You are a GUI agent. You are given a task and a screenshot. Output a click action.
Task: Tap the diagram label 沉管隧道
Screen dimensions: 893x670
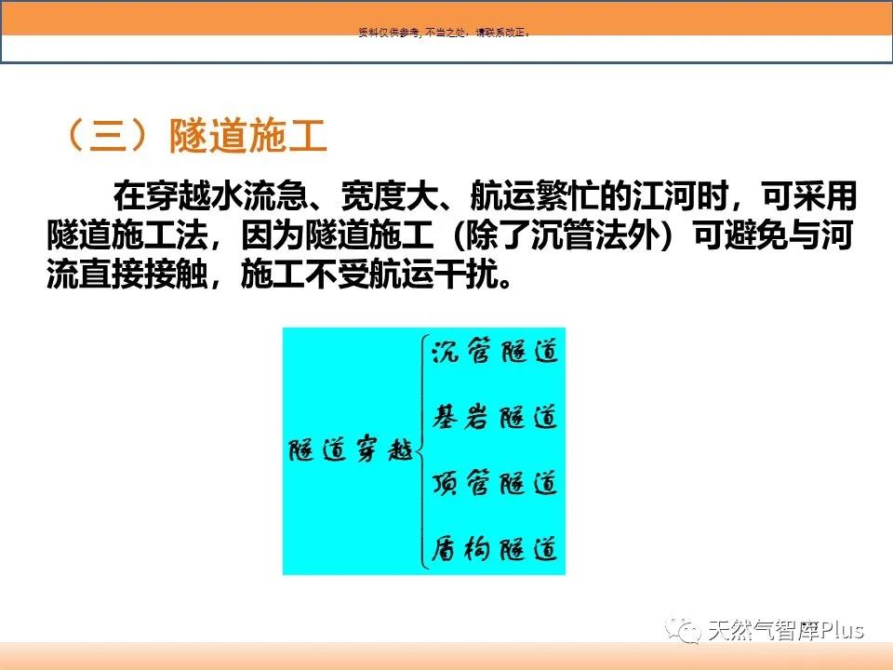pos(495,351)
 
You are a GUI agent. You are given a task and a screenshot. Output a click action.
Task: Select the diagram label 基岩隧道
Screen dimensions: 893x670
pos(495,417)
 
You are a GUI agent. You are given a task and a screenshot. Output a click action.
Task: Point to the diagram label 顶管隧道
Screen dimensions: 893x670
pos(495,483)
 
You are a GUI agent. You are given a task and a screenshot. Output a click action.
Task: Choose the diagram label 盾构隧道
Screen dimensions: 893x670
pos(495,549)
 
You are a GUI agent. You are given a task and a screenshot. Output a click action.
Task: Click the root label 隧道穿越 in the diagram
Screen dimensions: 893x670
pos(351,449)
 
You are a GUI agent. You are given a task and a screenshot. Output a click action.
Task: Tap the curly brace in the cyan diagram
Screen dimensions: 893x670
pos(422,453)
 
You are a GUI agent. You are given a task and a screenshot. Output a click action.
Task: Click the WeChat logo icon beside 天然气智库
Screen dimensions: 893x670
pos(683,630)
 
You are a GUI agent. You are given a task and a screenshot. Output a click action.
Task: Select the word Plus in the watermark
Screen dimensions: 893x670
pos(841,630)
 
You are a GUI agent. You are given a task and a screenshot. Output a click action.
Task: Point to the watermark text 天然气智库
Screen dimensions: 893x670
pos(763,630)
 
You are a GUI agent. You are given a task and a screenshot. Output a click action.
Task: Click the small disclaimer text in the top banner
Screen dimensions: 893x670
pos(445,33)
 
